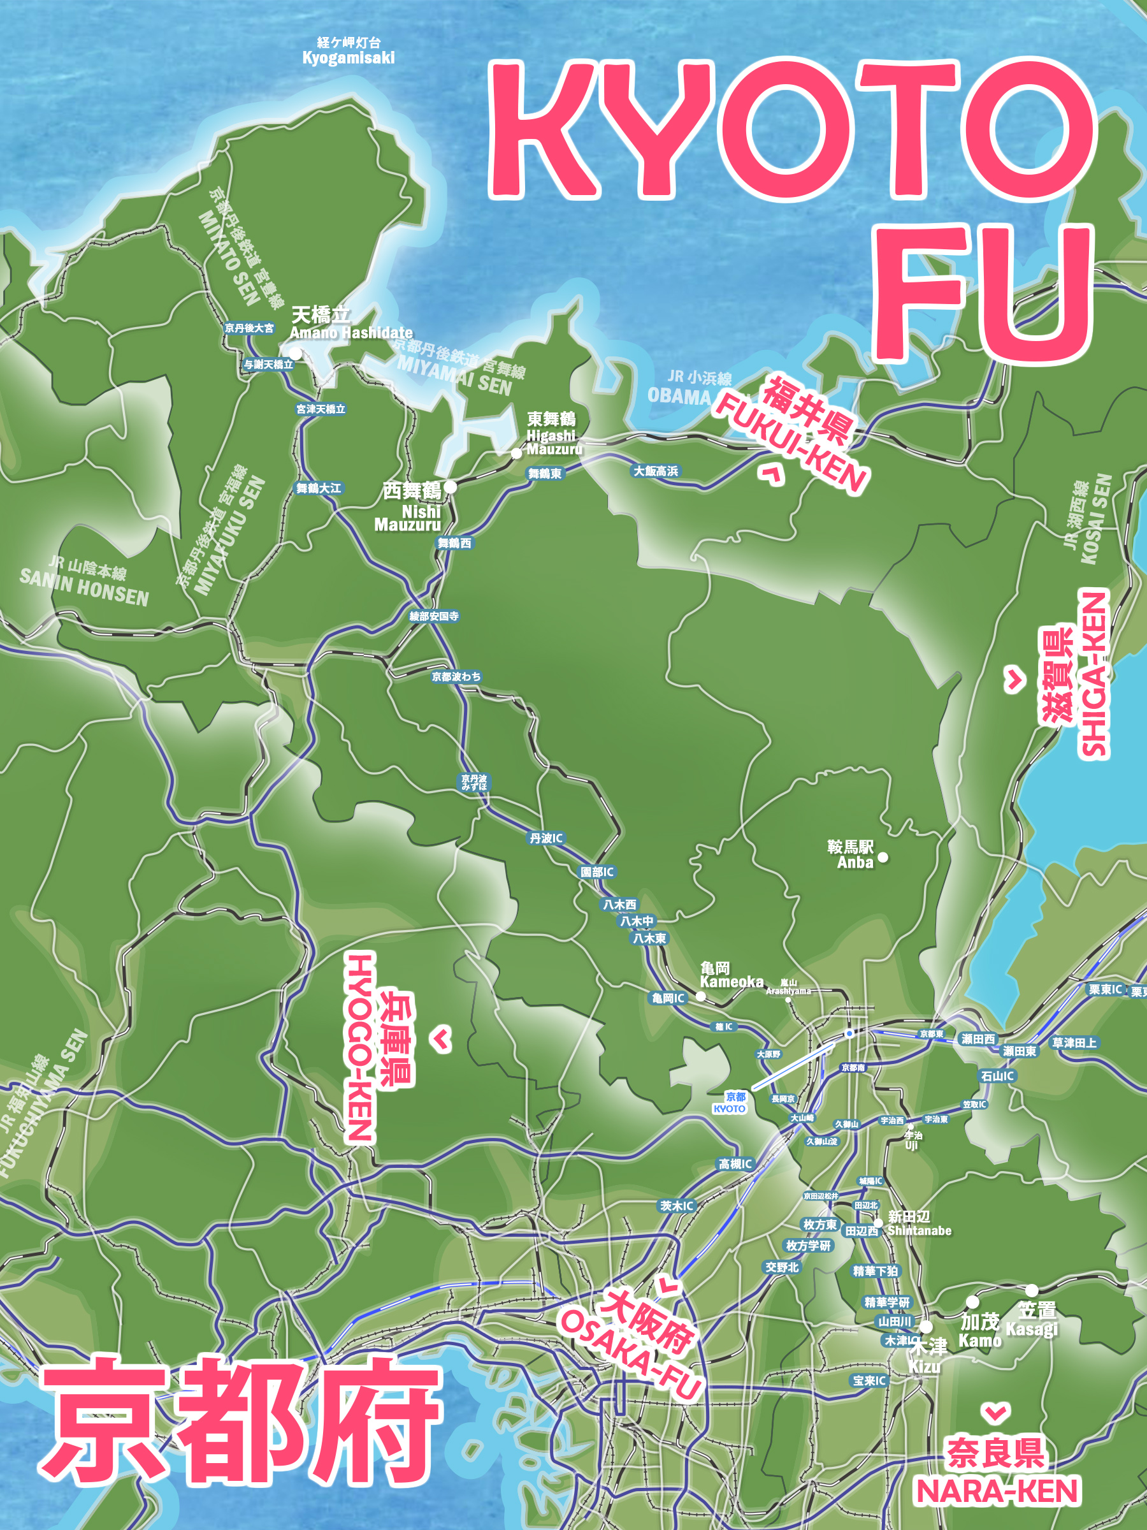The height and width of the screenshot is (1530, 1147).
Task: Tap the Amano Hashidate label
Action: [x=350, y=332]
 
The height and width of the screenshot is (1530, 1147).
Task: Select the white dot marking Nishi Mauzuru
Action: [x=450, y=487]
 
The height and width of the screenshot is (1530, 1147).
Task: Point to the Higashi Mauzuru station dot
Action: [x=516, y=454]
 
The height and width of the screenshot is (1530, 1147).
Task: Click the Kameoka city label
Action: [x=731, y=981]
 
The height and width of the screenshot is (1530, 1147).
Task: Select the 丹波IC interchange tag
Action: [x=546, y=838]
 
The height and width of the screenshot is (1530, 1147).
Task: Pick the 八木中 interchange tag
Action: [x=636, y=921]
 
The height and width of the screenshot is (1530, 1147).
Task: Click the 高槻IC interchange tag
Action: [x=735, y=1164]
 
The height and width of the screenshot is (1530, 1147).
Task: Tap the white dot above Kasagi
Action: [x=1031, y=1290]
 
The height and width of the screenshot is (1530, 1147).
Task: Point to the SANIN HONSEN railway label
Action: [x=83, y=587]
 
